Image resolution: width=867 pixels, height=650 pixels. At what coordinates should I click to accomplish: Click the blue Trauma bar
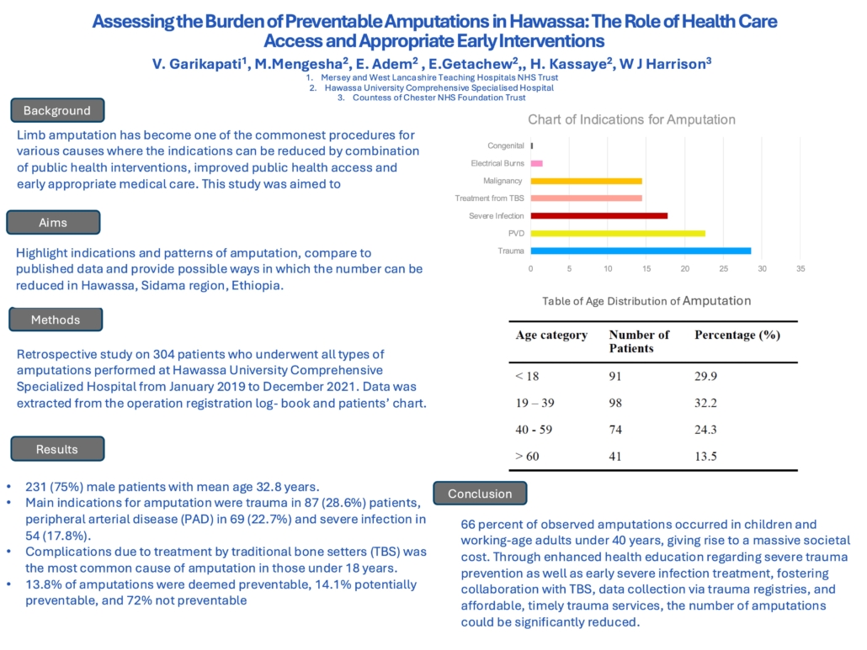coord(641,251)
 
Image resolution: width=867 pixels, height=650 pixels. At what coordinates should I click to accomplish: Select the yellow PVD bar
coord(618,233)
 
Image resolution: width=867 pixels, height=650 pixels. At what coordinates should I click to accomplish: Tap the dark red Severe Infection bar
coord(599,216)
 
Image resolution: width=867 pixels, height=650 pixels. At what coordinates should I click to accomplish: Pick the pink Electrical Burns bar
coord(537,163)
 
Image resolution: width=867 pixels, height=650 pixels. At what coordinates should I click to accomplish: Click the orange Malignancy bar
coord(587,181)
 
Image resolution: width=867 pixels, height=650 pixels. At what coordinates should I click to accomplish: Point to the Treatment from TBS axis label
coord(489,198)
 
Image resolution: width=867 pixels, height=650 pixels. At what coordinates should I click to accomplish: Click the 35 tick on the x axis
coord(801,269)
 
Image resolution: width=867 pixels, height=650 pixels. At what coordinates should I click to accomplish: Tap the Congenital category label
coord(505,145)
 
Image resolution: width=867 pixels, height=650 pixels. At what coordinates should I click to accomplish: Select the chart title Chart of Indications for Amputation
coord(631,119)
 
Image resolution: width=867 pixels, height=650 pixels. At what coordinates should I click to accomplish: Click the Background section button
coord(57,110)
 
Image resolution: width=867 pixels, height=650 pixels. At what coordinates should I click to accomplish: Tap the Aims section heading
coord(53,223)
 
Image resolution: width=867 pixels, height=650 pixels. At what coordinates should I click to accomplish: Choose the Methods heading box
coord(56,320)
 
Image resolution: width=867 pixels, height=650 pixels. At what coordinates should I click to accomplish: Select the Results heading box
coord(57,449)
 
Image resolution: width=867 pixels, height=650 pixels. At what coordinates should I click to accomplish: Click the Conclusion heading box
coord(480,493)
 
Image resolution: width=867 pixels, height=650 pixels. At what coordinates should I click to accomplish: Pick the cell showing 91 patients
coord(615,377)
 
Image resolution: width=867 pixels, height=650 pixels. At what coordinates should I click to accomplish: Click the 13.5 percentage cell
coord(705,457)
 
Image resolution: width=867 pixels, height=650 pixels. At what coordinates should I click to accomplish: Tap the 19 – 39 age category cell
coord(535,403)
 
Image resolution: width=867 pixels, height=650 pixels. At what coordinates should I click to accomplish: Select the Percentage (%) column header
coord(737,336)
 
